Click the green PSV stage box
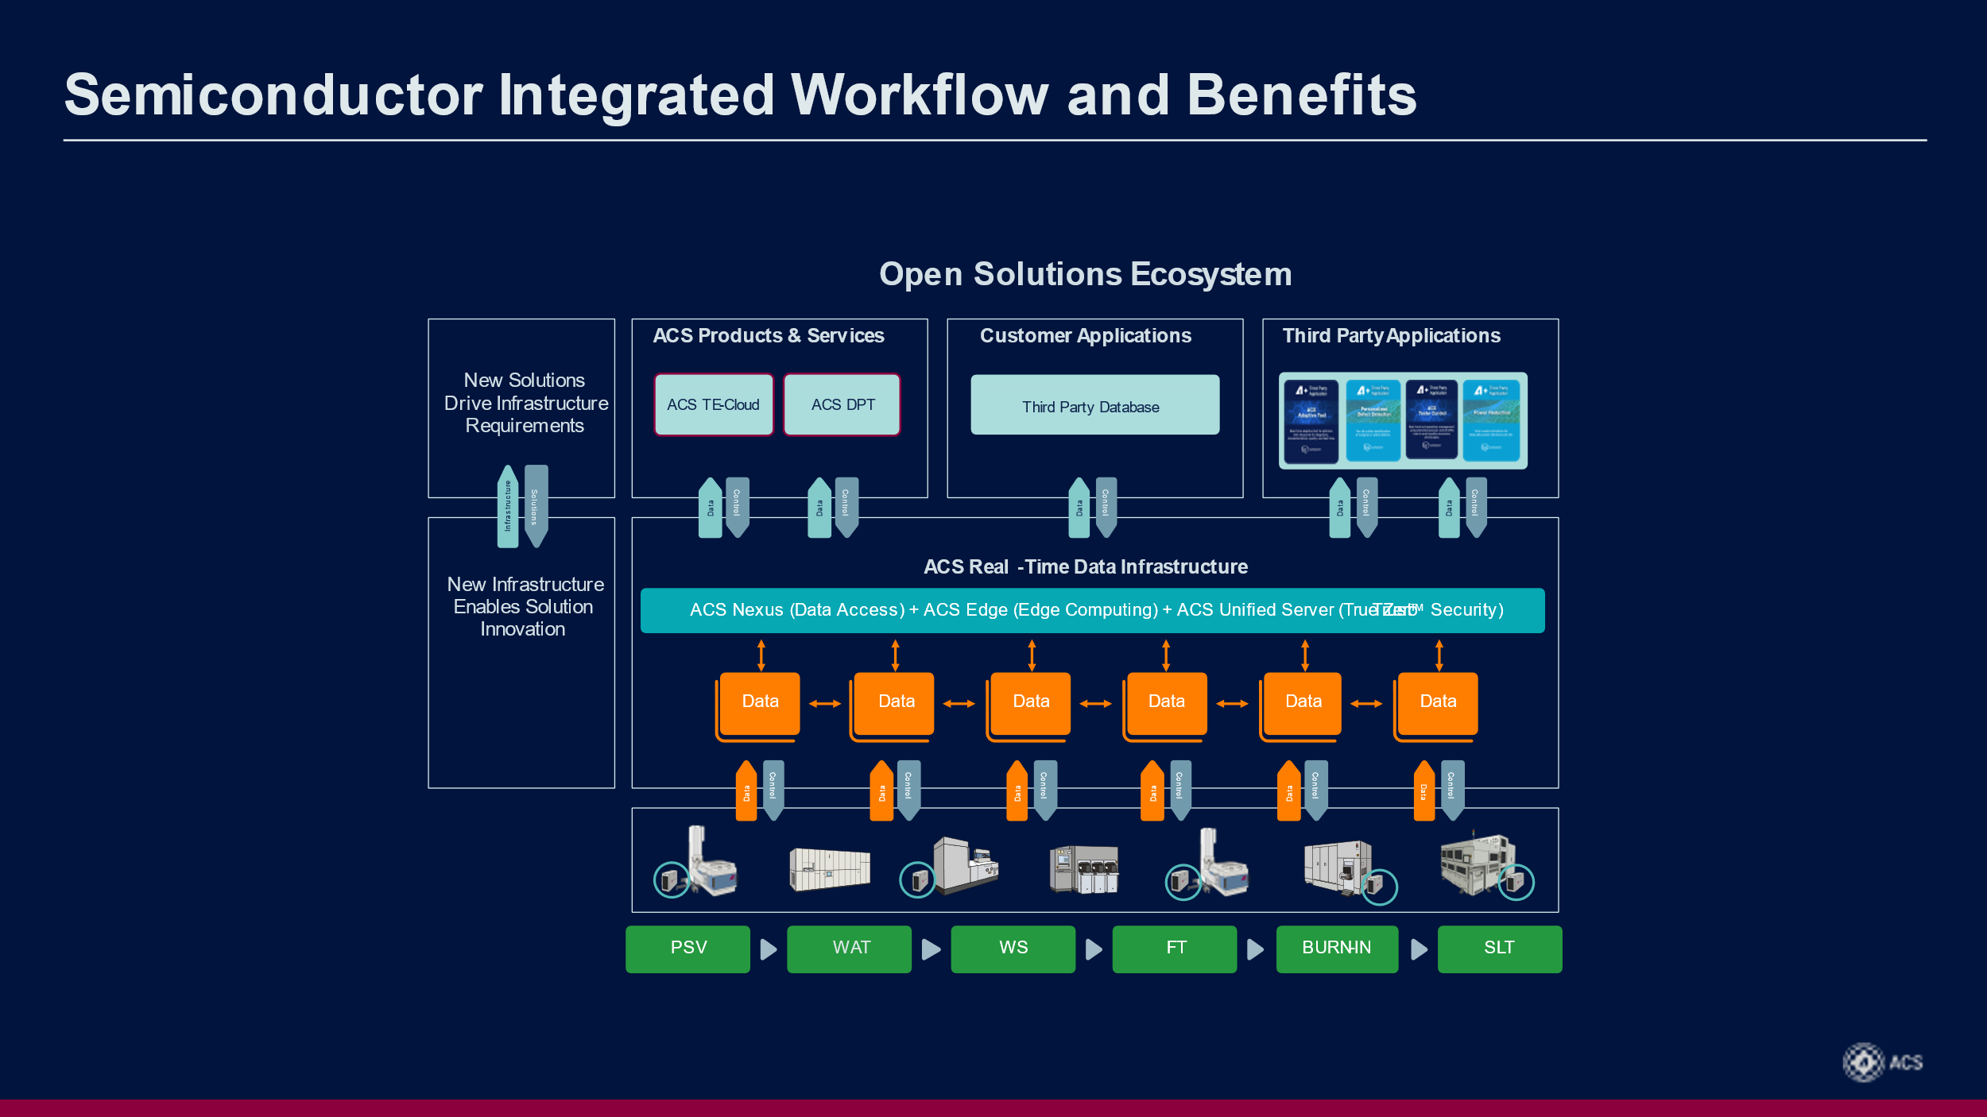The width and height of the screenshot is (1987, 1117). click(688, 949)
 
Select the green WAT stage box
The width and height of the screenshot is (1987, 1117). click(849, 949)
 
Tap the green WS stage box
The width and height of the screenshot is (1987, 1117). click(1013, 949)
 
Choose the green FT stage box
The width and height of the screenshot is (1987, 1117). click(1174, 949)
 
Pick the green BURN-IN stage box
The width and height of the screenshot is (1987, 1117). click(1336, 949)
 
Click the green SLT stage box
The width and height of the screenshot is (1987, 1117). click(1499, 949)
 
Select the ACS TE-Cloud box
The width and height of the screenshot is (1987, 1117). click(713, 405)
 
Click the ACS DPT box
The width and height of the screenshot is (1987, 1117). click(842, 405)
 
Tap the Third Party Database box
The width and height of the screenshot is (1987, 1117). click(1094, 405)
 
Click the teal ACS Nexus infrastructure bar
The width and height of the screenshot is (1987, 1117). click(1092, 610)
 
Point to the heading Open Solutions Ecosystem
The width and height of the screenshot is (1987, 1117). click(1085, 274)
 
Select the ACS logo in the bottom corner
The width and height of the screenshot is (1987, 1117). click(1882, 1062)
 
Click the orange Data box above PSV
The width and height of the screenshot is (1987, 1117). click(760, 702)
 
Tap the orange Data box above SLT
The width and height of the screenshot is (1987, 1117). click(1437, 702)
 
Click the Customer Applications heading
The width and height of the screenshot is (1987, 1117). click(1085, 336)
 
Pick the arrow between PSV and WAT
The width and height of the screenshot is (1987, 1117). click(768, 949)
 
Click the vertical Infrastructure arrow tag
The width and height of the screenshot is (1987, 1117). click(507, 507)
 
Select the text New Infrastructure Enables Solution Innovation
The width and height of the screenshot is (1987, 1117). click(525, 607)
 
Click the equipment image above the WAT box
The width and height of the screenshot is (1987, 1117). click(829, 868)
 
